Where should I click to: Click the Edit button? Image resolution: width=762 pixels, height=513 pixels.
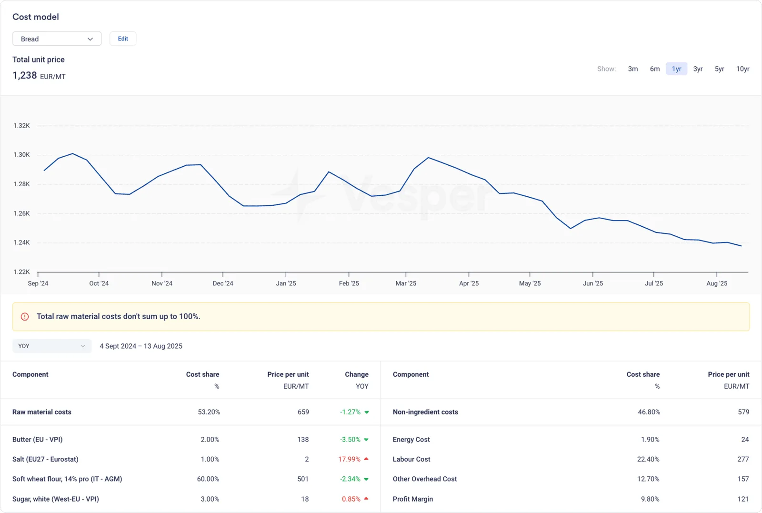(x=123, y=39)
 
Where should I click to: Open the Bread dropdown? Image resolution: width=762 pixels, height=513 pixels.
(x=57, y=39)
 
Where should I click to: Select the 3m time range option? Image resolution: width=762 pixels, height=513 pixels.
(x=633, y=69)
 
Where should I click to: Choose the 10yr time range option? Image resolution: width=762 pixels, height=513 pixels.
(x=742, y=69)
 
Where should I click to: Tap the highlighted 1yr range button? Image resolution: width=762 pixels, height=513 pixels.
(x=676, y=69)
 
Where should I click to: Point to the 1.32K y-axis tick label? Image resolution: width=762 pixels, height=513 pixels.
(x=21, y=126)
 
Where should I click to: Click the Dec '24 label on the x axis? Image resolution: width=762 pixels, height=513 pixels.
(x=223, y=283)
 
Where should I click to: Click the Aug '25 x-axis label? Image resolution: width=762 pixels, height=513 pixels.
(x=717, y=283)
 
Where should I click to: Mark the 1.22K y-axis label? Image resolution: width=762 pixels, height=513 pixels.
(x=21, y=272)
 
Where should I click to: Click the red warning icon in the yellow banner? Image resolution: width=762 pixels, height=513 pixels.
(x=25, y=317)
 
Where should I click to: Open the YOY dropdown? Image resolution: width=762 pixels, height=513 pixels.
(x=52, y=346)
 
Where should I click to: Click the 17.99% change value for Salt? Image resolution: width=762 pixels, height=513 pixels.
(x=349, y=459)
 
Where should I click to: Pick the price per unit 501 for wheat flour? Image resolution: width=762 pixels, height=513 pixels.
(x=303, y=479)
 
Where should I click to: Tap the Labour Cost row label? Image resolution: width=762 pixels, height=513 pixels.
(x=411, y=459)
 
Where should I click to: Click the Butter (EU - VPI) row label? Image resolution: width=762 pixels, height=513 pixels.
(x=38, y=440)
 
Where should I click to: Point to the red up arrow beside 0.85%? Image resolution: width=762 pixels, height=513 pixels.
(x=366, y=499)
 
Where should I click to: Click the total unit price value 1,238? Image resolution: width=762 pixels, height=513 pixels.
(x=24, y=76)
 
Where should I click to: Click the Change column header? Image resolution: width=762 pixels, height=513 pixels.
(x=357, y=374)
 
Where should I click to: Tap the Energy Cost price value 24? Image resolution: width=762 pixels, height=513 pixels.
(x=745, y=440)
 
